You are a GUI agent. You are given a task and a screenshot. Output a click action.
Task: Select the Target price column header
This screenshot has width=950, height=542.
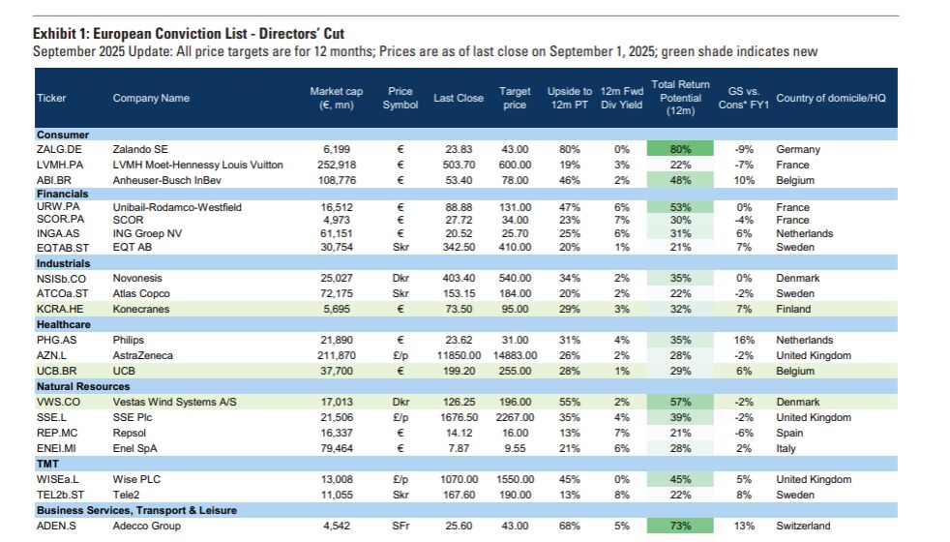pos(515,98)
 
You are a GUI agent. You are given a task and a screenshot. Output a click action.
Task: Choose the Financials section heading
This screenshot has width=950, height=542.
pos(62,194)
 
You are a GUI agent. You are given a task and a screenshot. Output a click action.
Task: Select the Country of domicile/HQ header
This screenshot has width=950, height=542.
pos(831,98)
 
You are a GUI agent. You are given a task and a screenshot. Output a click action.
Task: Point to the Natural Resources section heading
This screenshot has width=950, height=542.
pos(82,386)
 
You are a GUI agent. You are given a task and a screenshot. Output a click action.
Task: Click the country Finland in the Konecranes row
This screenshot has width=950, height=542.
pos(794,309)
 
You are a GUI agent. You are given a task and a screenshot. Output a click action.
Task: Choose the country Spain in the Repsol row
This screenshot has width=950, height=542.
pos(789,433)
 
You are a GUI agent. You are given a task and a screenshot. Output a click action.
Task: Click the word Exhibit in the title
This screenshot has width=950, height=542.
pos(54,34)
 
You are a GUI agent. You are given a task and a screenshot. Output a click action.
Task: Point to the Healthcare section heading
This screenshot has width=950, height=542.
pos(64,324)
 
